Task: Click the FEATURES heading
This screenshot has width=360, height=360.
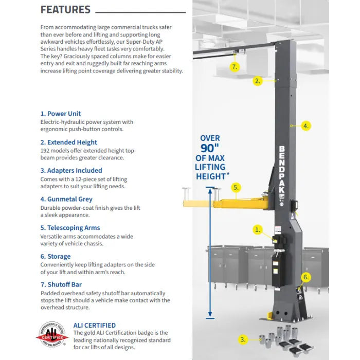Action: click(x=65, y=10)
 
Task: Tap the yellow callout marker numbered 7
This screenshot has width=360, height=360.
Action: click(x=235, y=67)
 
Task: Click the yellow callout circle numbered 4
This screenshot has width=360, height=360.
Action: click(x=305, y=125)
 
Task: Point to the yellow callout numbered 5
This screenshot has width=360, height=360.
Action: click(x=236, y=188)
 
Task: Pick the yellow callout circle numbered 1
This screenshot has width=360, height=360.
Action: click(x=258, y=230)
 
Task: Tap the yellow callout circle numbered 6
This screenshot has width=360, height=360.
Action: click(x=306, y=277)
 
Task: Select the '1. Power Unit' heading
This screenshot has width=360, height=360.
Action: click(x=61, y=114)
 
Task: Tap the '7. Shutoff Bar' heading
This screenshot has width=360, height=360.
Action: click(x=61, y=284)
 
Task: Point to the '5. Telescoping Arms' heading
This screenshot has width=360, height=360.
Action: click(x=70, y=228)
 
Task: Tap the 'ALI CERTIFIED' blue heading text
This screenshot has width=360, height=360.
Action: click(x=95, y=325)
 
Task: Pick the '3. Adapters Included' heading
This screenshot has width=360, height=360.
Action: click(x=71, y=170)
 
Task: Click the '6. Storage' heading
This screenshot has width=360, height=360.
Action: click(x=56, y=256)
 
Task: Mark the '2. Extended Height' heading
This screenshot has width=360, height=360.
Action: click(x=68, y=142)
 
